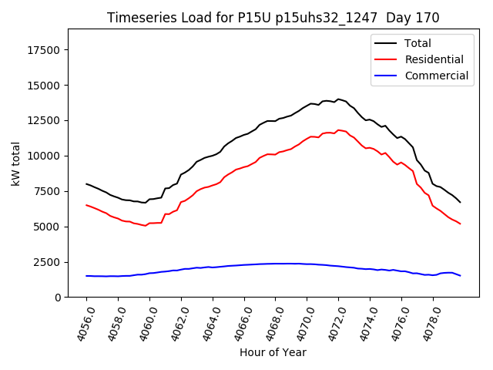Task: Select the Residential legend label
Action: coord(434,59)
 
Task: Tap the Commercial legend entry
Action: coord(436,76)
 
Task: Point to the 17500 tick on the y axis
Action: coord(46,50)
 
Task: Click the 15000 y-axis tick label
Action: coord(46,86)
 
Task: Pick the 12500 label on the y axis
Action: coord(46,121)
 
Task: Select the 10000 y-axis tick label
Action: coord(46,156)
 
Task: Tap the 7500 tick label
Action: coord(49,191)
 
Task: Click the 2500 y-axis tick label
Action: coord(49,262)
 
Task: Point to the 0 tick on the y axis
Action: coord(59,298)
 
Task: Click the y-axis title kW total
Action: coord(15,163)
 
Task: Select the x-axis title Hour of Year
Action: coord(273,352)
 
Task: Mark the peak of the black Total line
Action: coord(338,99)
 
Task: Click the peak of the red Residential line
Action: coord(338,130)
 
